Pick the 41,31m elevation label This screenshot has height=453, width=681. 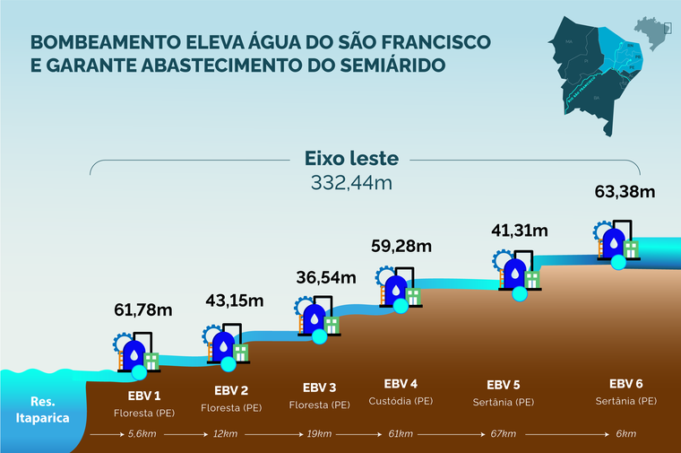519,230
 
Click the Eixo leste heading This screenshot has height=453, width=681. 351,160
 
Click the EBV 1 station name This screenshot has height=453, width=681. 143,396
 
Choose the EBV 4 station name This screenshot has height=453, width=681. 401,383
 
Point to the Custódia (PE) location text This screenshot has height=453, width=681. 401,401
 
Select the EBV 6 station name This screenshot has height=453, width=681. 625,383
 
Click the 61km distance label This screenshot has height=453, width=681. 400,434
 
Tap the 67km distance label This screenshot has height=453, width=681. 503,434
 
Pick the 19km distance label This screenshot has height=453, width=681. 319,434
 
